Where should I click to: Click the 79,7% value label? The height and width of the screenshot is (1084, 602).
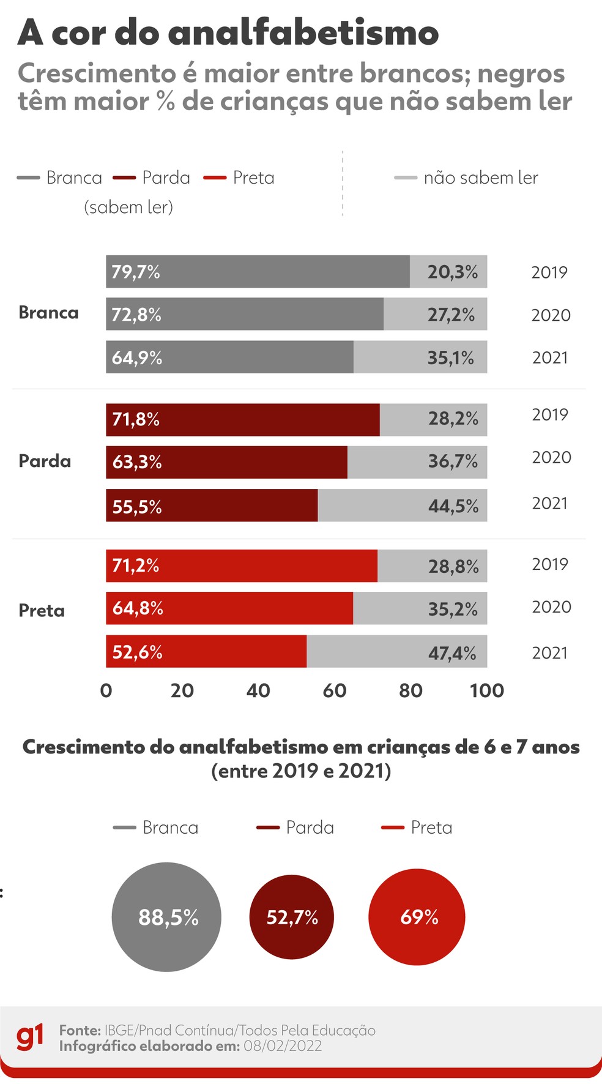tap(136, 272)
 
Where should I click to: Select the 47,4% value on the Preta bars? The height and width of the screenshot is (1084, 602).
tap(452, 653)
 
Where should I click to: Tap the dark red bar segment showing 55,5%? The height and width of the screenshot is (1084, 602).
tap(212, 506)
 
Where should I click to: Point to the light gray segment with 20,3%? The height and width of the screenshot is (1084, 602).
tap(448, 272)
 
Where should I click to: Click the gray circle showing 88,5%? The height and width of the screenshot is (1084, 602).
tap(166, 917)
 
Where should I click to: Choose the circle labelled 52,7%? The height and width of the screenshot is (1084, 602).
tap(292, 917)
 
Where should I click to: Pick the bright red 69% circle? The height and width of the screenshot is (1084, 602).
tap(417, 917)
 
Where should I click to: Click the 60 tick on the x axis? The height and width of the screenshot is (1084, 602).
tap(335, 690)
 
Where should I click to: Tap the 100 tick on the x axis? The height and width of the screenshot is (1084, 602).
tap(486, 690)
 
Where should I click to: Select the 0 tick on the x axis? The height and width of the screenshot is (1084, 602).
tap(106, 690)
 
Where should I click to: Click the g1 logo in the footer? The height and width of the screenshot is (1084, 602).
tap(30, 1037)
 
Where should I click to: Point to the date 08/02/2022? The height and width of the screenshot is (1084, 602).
tap(283, 1045)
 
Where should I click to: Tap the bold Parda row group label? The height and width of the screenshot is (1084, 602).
tap(45, 461)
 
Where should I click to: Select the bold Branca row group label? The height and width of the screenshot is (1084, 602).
tap(48, 313)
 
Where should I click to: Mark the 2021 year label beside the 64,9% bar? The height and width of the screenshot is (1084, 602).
tap(550, 357)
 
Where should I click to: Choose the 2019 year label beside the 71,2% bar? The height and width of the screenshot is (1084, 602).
tap(550, 564)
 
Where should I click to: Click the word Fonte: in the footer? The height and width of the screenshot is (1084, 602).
tap(80, 1030)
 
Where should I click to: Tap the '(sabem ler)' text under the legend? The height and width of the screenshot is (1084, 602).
tap(128, 207)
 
